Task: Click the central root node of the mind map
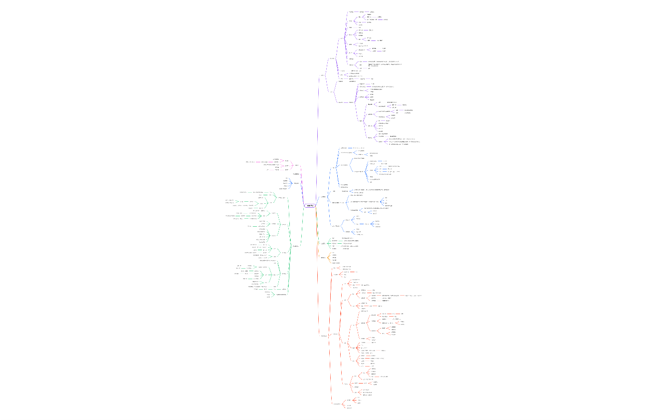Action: pos(310,206)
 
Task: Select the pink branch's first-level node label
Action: pos(297,165)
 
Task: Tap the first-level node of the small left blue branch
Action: pos(297,183)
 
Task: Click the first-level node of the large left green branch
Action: pos(296,246)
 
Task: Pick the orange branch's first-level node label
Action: pos(323,258)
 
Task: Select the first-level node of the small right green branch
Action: pos(323,243)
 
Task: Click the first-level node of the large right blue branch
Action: pos(323,197)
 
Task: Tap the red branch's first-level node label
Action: pos(324,336)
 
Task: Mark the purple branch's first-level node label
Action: pos(322,75)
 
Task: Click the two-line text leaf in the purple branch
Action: pos(384,65)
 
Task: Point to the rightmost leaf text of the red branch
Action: pos(414,296)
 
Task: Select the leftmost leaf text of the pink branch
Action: pos(250,162)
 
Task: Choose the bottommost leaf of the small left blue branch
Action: pos(283,189)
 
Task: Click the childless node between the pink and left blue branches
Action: pos(296,174)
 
